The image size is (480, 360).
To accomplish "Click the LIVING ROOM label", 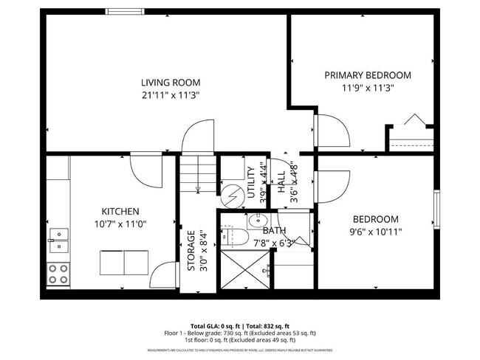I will (171, 83).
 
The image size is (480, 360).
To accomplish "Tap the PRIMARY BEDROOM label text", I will (368, 75).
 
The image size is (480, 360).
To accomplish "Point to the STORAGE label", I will (191, 252).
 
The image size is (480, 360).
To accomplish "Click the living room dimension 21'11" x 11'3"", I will (171, 95).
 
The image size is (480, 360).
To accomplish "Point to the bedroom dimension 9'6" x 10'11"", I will (375, 232).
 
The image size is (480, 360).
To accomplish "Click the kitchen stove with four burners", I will (58, 274).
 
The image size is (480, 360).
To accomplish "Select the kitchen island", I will (123, 262).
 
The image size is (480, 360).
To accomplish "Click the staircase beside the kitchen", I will (197, 174).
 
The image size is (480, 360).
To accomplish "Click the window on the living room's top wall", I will (126, 12).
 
